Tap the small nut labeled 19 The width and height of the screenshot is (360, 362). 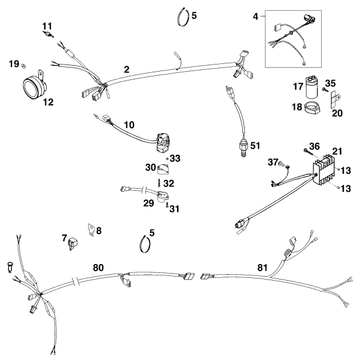pos(23,63)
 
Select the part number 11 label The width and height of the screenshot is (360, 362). pos(47,26)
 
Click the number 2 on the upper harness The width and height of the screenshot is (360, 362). pos(126,69)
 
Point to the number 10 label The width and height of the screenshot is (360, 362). pos(129,125)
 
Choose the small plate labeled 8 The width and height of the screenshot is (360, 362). pos(91,229)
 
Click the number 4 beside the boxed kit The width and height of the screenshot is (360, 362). pos(255,17)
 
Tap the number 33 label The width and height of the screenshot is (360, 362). pos(175,158)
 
